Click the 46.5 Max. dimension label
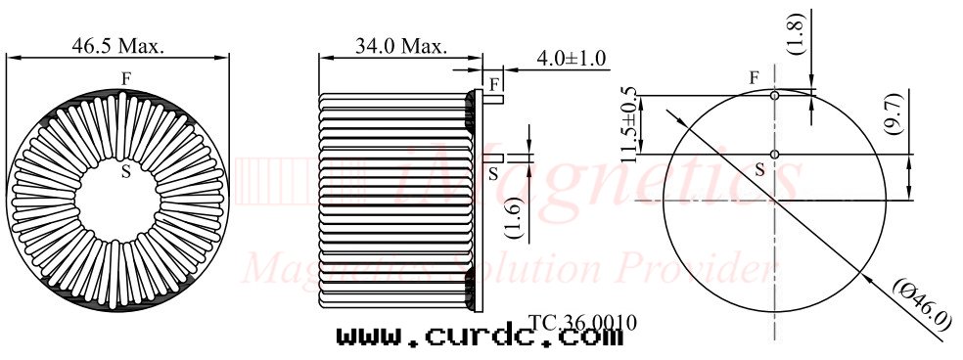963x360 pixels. click(x=118, y=45)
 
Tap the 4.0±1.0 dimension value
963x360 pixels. click(x=572, y=59)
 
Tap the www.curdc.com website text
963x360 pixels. click(x=480, y=337)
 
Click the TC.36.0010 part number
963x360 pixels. click(x=582, y=321)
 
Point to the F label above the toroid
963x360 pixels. click(x=125, y=77)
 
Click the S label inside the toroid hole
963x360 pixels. click(x=125, y=171)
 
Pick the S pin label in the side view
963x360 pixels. click(x=493, y=172)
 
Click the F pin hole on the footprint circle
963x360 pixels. click(x=774, y=96)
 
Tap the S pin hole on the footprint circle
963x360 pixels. click(x=774, y=155)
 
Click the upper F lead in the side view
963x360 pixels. click(x=495, y=97)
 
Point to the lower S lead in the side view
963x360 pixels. click(x=495, y=157)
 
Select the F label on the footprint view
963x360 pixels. click(x=754, y=77)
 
